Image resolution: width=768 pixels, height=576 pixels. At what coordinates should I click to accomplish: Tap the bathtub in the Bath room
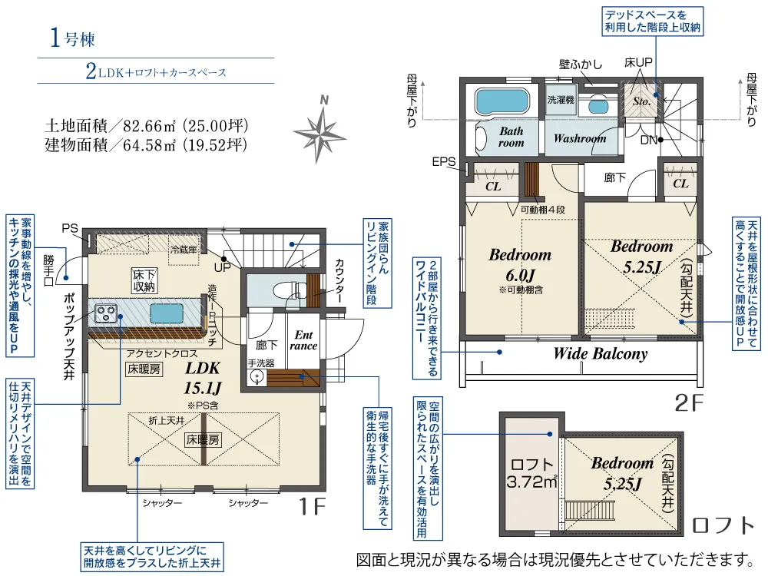pos(502,102)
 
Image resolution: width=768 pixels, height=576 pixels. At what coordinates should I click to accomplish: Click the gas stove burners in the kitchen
pos(106,313)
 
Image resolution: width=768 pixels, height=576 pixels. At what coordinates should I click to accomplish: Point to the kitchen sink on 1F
pos(167,313)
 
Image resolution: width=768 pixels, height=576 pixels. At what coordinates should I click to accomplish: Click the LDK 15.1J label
pos(203,378)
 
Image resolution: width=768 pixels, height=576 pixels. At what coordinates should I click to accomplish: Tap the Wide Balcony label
pos(601,353)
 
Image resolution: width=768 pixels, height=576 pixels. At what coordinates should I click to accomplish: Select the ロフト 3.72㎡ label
pos(532,473)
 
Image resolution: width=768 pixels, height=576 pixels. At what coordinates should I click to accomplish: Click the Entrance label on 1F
pos(303,340)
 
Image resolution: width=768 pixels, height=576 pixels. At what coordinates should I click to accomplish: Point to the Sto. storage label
pos(641,101)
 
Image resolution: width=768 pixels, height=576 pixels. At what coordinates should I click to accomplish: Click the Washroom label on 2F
pos(580,138)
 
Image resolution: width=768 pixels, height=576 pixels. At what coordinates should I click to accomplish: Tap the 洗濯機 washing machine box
pos(561,100)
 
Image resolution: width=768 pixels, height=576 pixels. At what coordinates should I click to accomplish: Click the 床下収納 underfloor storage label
pos(144,280)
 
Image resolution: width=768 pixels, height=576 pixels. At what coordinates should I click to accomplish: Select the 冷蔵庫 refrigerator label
pos(184,250)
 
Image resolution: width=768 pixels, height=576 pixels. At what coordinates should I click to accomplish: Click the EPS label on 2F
pos(444,161)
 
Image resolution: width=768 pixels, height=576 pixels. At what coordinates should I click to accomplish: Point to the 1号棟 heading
pos(72,38)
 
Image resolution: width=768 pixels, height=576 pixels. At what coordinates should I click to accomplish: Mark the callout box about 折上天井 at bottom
pos(152,557)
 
